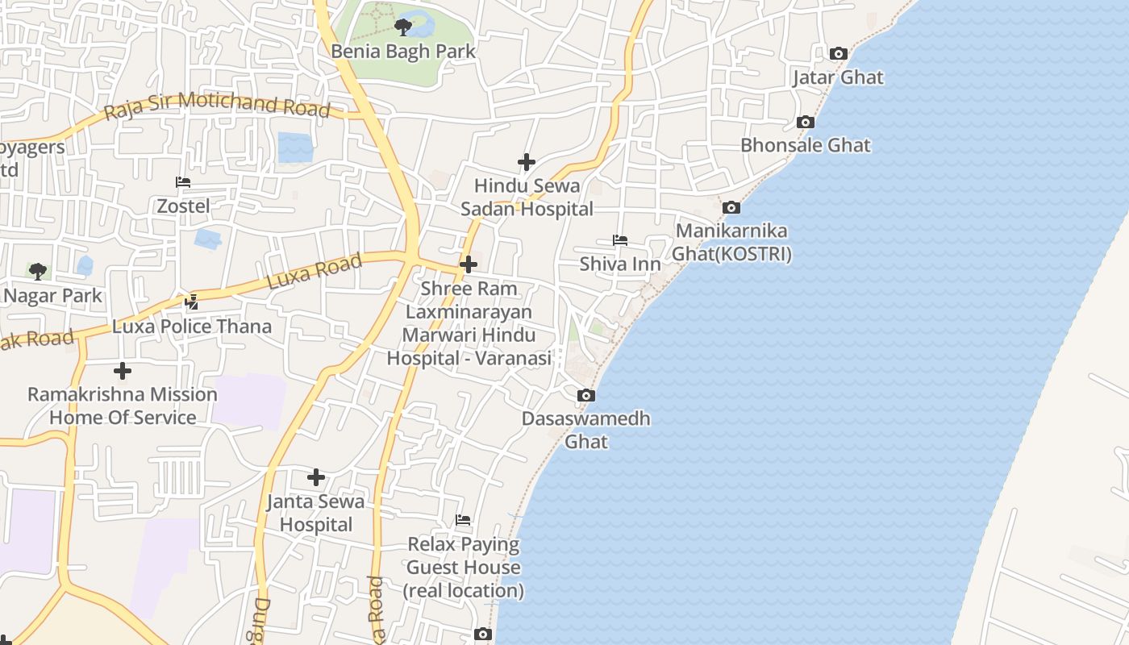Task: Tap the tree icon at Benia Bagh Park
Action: [x=403, y=27]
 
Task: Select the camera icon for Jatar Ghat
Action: [x=839, y=54]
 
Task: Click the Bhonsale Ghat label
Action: [x=805, y=146]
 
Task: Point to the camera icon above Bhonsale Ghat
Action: [x=805, y=123]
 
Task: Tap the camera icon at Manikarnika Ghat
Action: [x=731, y=208]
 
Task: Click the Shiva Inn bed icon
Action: [x=620, y=240]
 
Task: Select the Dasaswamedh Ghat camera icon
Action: [x=586, y=396]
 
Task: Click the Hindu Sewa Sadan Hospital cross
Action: [x=527, y=163]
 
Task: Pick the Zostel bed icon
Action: [x=183, y=183]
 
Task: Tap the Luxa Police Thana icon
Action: [x=192, y=302]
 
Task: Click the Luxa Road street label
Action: [x=315, y=273]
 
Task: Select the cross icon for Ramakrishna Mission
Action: [x=123, y=371]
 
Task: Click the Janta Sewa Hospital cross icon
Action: [x=316, y=477]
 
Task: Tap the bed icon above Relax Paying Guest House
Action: [x=463, y=521]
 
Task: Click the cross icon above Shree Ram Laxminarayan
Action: [x=469, y=264]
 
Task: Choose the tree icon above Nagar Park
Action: [x=37, y=271]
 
